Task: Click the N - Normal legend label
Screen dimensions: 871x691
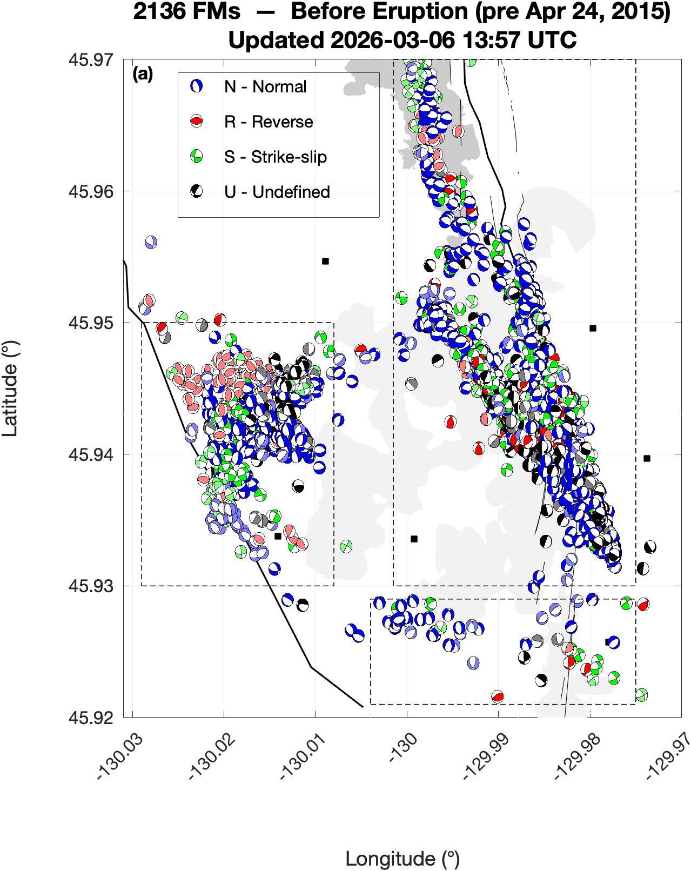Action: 265,86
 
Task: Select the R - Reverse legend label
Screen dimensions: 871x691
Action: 269,122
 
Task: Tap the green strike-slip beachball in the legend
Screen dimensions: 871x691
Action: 197,157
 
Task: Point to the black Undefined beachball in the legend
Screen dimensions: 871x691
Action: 197,191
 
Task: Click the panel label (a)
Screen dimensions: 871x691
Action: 143,74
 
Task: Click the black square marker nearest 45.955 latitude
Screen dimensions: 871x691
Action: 325,261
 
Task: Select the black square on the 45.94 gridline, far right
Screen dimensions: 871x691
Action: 647,458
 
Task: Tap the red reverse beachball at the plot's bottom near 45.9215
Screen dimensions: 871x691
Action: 498,696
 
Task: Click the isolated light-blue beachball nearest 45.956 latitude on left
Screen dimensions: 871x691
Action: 151,243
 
